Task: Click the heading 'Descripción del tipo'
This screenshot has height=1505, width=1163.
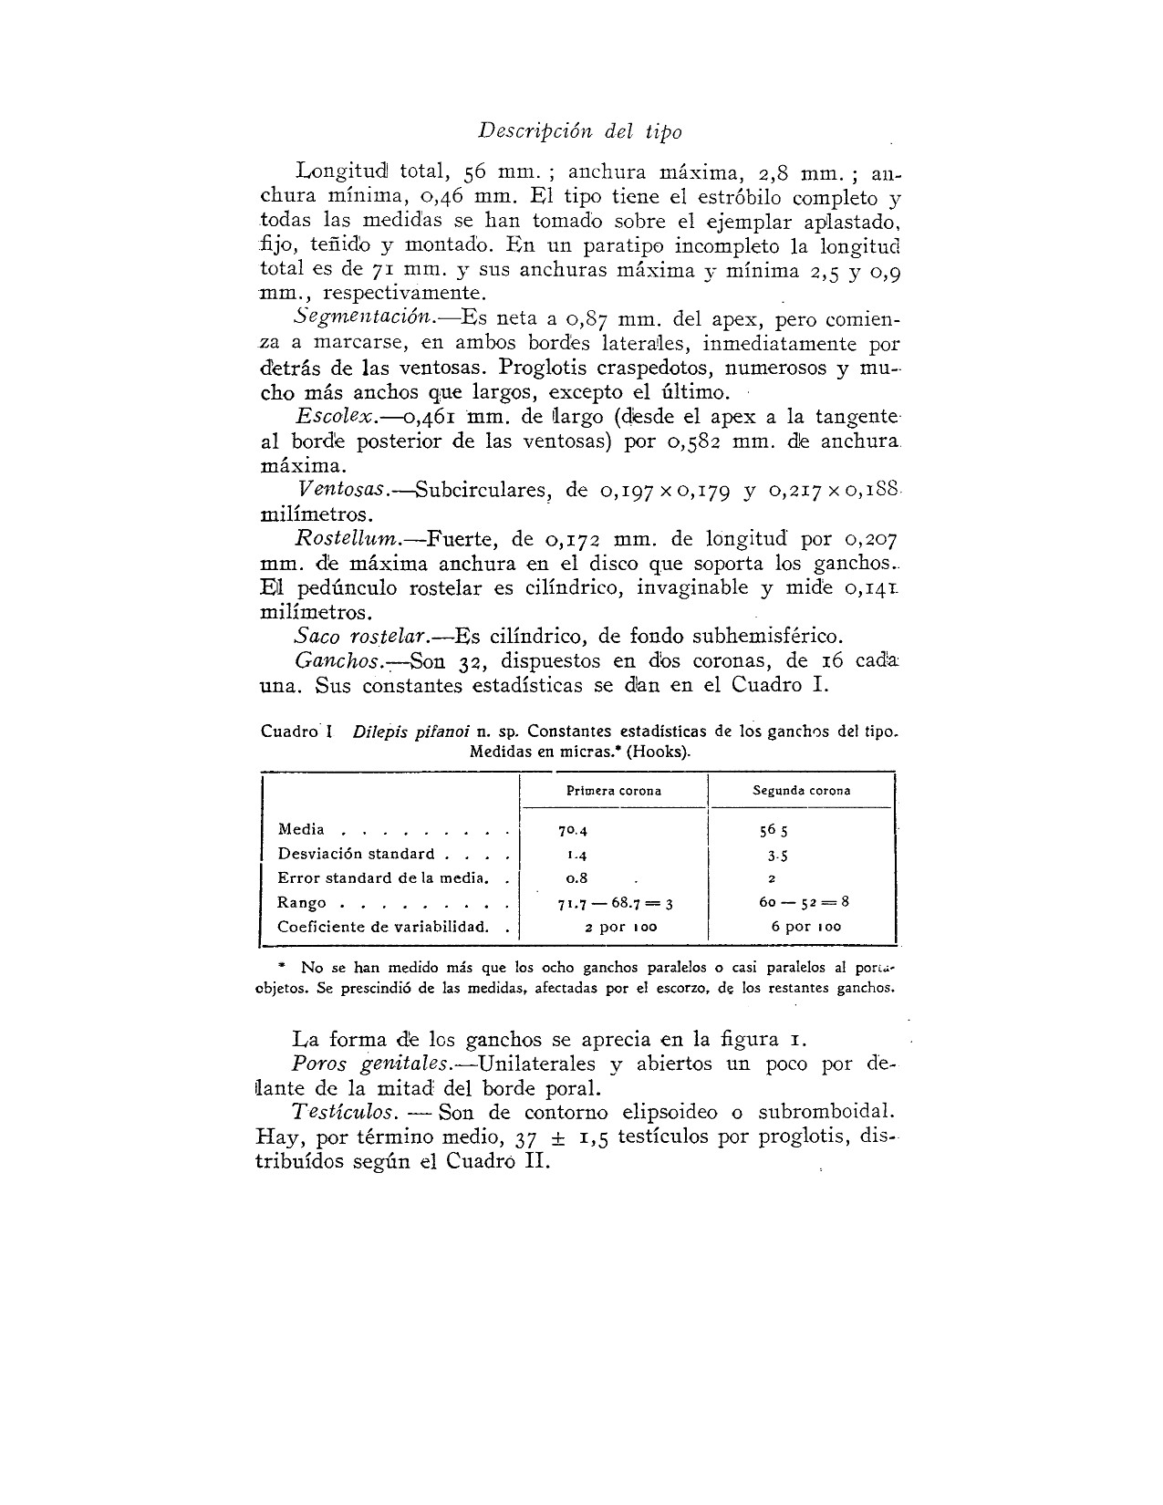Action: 579,131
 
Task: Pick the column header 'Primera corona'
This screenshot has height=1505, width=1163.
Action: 614,791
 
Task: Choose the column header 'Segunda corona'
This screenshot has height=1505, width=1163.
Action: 801,791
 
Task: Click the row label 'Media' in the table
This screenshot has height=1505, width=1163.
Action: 301,829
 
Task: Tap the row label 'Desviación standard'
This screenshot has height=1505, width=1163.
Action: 356,854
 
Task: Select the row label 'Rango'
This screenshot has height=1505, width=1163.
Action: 302,902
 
